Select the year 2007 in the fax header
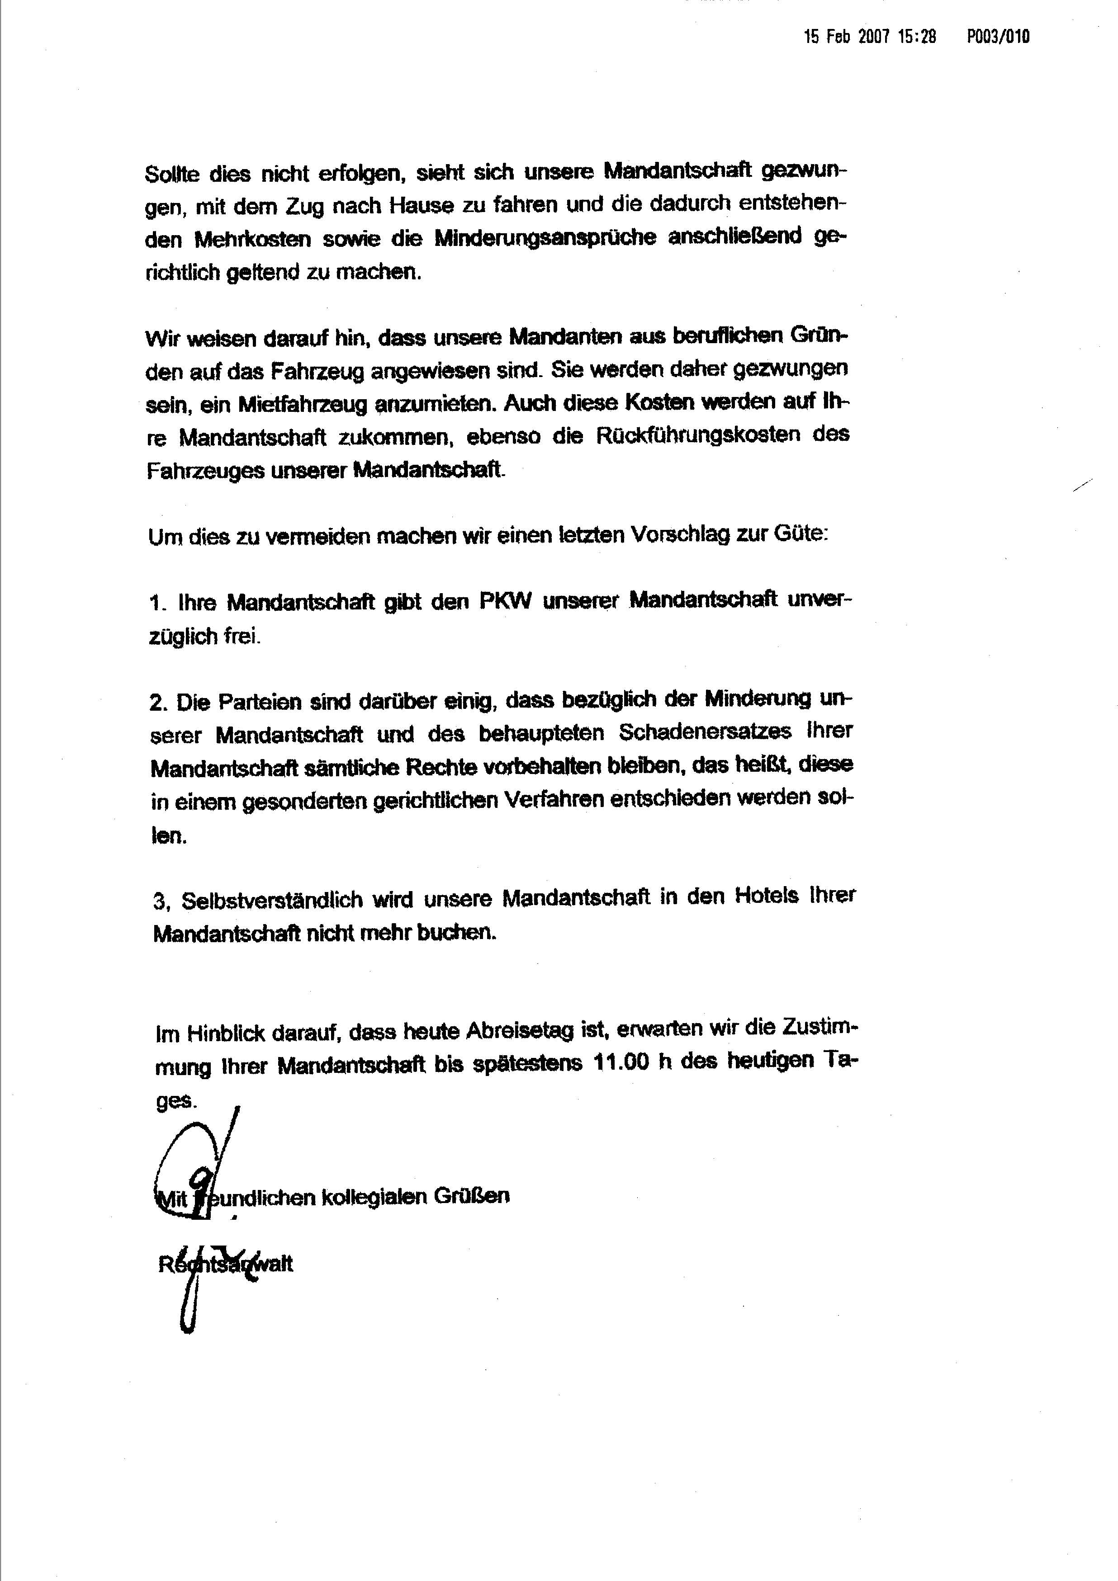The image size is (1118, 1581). coord(874,37)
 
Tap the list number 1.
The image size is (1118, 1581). coord(158,604)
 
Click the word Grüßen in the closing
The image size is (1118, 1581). coord(471,1196)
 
